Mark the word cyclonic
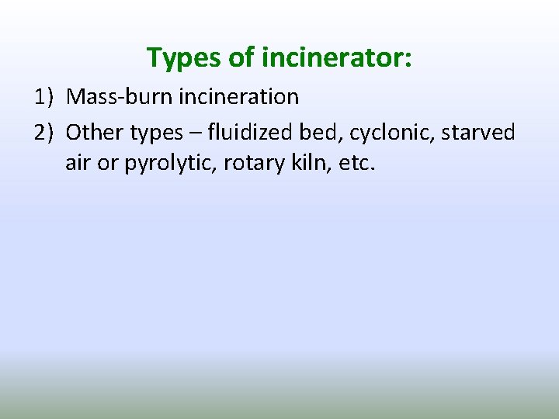(392, 133)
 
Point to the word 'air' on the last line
(78, 164)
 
